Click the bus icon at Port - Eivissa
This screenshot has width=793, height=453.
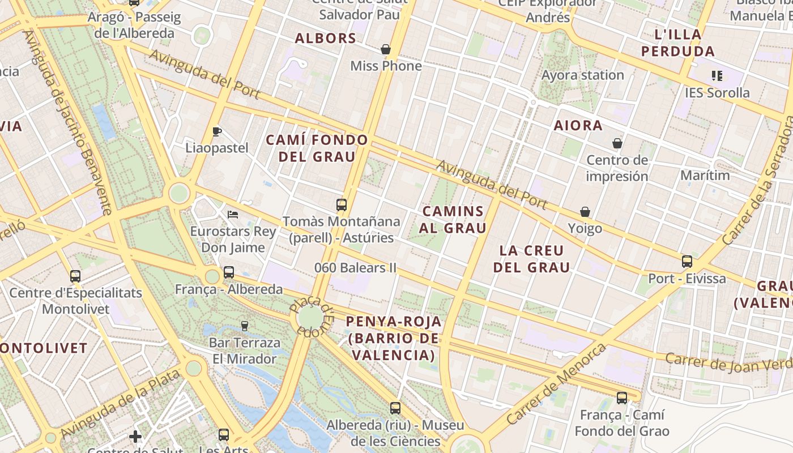pos(687,261)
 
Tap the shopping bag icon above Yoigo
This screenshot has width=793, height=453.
pos(585,212)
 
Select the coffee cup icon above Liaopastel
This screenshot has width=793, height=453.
pos(216,131)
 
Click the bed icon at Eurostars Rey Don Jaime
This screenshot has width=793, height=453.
pos(232,214)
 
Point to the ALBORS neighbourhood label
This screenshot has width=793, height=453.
pos(326,39)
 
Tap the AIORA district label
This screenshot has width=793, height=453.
pos(578,126)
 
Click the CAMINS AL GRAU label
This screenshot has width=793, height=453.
pos(454,220)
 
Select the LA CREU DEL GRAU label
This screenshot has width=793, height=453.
pos(531,259)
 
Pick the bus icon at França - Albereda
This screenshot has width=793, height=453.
pos(229,272)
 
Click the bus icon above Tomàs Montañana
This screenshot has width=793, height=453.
pos(341,204)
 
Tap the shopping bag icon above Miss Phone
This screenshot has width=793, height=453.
pos(386,49)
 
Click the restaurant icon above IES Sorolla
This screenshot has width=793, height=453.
pos(717,75)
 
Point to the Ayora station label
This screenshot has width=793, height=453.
pos(582,75)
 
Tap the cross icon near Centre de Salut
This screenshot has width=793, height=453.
pos(135,436)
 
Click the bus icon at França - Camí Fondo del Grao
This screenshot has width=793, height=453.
pos(622,398)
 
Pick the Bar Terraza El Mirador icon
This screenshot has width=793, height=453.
pos(245,326)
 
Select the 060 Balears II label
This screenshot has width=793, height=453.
pos(355,267)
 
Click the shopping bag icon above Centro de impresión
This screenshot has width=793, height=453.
pos(617,143)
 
